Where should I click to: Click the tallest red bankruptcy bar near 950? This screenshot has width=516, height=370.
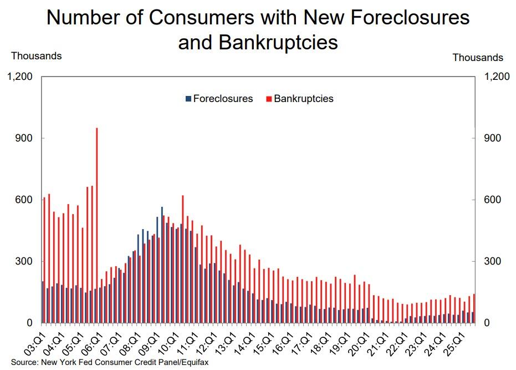[97, 222]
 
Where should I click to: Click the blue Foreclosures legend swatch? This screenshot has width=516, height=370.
[188, 99]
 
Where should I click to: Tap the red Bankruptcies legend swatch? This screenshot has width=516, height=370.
[269, 99]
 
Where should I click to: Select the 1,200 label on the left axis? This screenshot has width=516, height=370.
[21, 77]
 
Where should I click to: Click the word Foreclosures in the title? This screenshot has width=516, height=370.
[403, 18]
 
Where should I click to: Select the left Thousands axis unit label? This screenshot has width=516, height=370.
[37, 56]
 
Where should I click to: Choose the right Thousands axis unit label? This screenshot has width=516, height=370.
[478, 58]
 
